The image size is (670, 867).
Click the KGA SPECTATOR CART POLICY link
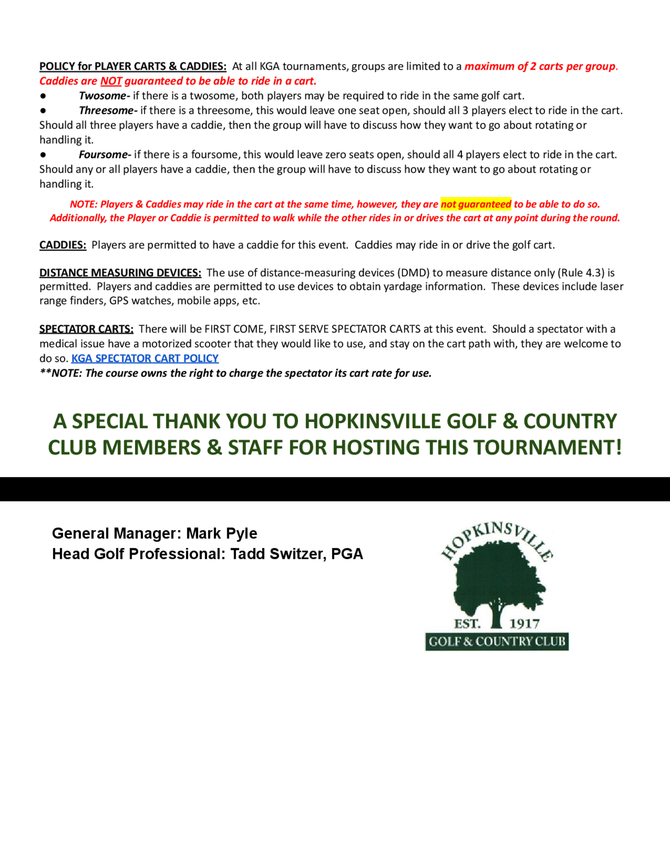145,358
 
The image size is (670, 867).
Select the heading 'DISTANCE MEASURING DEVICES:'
120,273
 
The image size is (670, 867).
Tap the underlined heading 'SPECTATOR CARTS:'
86,329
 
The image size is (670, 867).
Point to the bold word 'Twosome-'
104,96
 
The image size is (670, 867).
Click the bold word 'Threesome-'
108,110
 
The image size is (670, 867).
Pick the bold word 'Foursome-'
105,154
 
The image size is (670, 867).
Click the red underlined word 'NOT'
111,81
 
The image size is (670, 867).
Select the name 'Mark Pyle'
221,533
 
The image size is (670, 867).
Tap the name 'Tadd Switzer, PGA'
296,554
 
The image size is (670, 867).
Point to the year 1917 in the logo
524,624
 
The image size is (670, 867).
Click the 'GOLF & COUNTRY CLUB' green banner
496,642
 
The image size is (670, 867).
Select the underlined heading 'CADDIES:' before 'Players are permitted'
63,245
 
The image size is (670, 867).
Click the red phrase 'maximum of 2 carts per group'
540,66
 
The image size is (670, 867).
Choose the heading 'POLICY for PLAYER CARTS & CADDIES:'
133,66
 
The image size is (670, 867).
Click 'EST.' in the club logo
467,624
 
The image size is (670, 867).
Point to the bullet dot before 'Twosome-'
43,96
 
